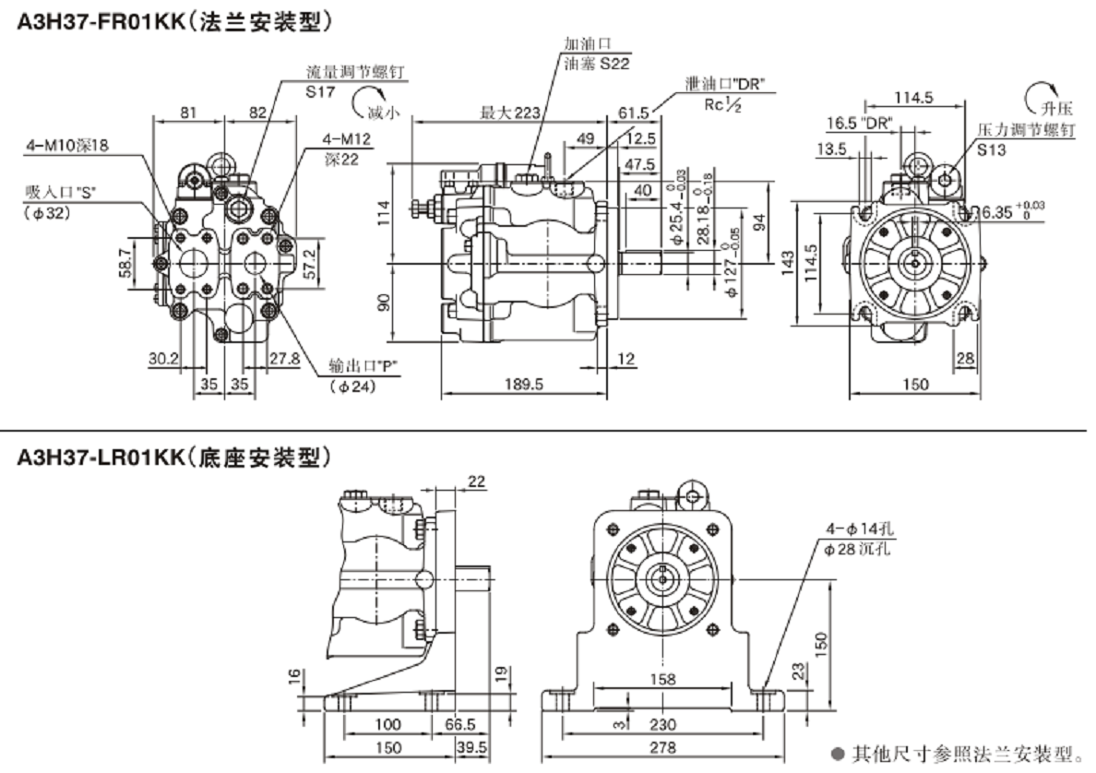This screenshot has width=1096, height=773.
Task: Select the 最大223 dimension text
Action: coord(509,113)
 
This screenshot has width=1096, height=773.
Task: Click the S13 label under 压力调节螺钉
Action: coord(993,149)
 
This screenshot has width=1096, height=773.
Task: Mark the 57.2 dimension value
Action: coord(312,264)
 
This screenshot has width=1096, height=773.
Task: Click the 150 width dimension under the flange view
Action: coord(915,384)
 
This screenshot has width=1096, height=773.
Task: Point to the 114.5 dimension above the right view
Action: coord(914,98)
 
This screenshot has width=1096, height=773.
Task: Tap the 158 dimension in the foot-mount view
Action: coord(662,680)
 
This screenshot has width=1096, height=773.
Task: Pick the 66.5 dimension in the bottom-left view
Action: coord(459,726)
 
